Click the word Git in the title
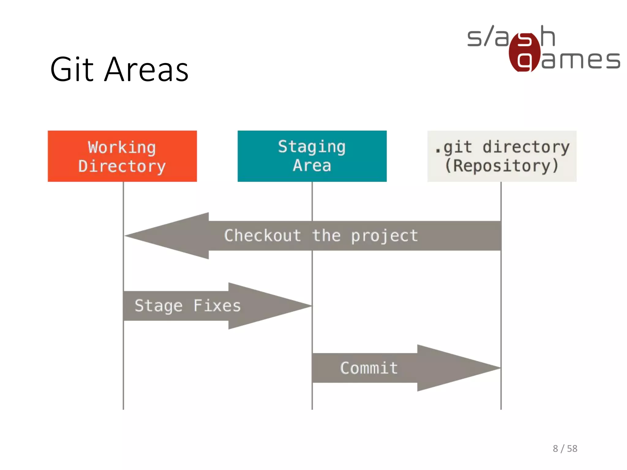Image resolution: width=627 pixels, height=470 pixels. [x=72, y=70]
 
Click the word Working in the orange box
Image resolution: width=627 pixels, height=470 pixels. [x=122, y=147]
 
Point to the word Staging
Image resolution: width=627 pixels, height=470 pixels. [x=312, y=147]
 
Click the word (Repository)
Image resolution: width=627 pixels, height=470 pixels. [x=501, y=166]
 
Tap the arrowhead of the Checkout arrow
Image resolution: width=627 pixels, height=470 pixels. [x=144, y=236]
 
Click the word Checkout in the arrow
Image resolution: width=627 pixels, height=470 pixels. [x=262, y=236]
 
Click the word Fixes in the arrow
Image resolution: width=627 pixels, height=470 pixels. [x=217, y=306]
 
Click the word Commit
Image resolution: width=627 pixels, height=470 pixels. [x=369, y=368]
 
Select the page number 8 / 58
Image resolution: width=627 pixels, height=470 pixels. [x=565, y=449]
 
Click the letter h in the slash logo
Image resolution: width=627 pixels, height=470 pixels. [x=547, y=36]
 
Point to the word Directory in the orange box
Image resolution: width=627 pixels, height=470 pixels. [x=122, y=166]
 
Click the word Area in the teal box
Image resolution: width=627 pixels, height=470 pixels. [x=312, y=166]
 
